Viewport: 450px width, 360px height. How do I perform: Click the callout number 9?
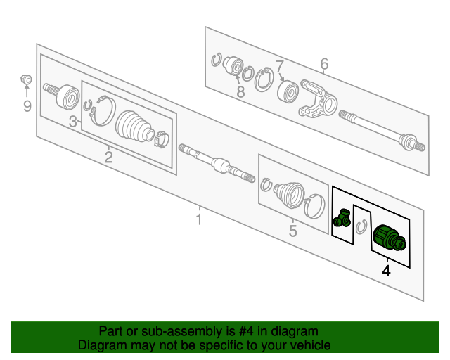pos(27,106)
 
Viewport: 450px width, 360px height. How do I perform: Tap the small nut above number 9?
pos(27,78)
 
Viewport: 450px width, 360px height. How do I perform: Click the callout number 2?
pos(109,156)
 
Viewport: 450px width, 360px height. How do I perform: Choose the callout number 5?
pos(292,231)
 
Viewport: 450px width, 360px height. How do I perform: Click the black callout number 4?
pos(385,270)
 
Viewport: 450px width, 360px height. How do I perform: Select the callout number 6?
pos(324,65)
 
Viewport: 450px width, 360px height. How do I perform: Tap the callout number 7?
pos(279,65)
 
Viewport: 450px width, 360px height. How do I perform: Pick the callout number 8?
pos(240,91)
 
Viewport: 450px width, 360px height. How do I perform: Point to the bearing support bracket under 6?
pos(317,99)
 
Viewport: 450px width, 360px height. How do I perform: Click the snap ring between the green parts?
pos(363,227)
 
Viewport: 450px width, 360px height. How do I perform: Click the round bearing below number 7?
pos(288,92)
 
